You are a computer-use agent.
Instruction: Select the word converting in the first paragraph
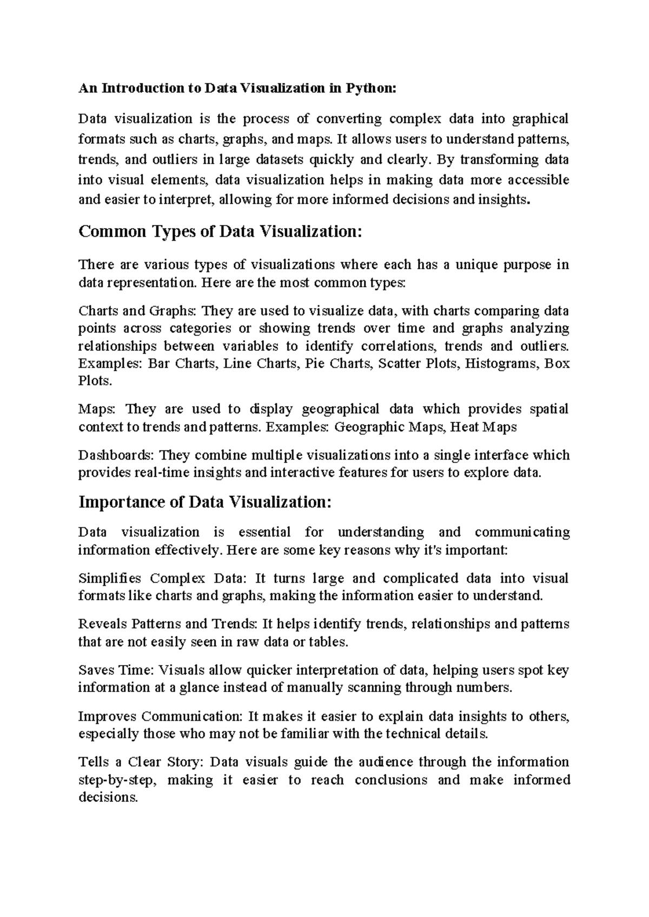[349, 119]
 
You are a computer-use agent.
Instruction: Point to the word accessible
[535, 180]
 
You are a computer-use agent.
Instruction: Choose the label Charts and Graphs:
[138, 311]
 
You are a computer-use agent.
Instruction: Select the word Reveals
[102, 624]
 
